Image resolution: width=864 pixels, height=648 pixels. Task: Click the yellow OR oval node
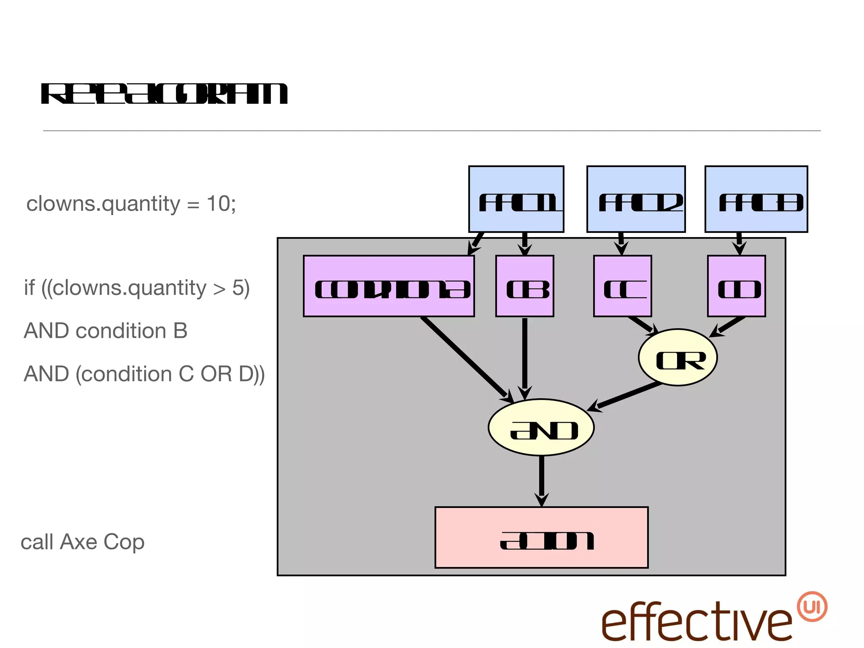[678, 357]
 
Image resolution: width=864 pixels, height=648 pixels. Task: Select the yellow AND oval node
[541, 427]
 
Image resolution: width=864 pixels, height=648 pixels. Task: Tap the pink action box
[541, 537]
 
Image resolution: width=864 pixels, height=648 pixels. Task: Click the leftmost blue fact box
[516, 199]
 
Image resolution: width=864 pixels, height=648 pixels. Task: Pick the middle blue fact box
[636, 199]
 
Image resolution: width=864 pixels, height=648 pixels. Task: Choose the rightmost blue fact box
[756, 199]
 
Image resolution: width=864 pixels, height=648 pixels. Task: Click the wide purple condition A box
[389, 286]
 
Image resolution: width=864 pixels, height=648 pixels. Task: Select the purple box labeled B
[524, 286]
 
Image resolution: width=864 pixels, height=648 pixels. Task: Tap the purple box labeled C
[622, 286]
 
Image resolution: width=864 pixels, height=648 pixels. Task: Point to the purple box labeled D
[736, 286]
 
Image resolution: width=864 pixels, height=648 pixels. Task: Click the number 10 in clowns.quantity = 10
[219, 204]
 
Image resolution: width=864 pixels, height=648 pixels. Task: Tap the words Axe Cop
[102, 542]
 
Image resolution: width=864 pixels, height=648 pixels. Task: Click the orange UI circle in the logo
[812, 607]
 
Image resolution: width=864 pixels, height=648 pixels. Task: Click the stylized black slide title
[165, 94]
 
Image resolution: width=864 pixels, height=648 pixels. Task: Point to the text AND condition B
[105, 331]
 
